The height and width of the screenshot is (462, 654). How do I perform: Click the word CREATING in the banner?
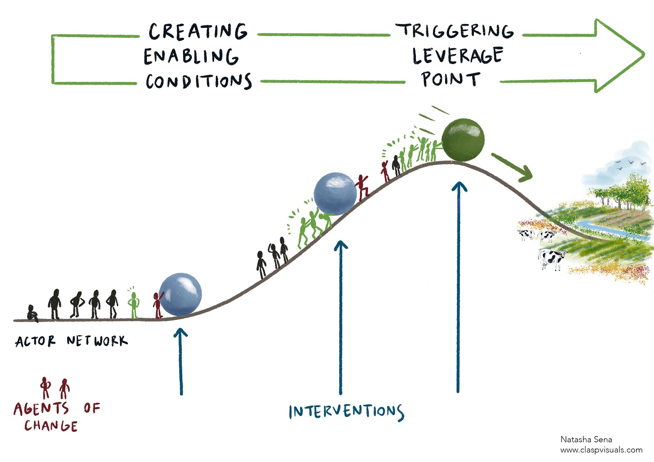(198, 31)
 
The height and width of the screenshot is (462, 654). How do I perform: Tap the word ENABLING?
(191, 56)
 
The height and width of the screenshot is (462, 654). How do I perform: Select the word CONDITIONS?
(199, 81)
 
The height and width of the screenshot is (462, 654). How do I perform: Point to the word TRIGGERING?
(455, 31)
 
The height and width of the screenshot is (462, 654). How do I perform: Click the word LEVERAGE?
(458, 55)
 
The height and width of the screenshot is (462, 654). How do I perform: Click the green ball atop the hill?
(463, 140)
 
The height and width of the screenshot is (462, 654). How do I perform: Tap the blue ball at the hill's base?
(181, 295)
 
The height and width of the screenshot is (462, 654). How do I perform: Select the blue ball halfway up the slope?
(335, 194)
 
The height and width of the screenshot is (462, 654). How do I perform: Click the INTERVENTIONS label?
(347, 411)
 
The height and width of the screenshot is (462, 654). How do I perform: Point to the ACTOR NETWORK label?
(72, 341)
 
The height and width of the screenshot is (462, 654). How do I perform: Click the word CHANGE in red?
(51, 426)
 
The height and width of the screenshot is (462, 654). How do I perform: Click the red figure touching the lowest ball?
(158, 305)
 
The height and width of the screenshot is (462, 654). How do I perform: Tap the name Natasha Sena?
(586, 439)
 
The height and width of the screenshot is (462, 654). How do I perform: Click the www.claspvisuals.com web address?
(601, 450)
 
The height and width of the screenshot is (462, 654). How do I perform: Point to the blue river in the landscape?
(607, 231)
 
